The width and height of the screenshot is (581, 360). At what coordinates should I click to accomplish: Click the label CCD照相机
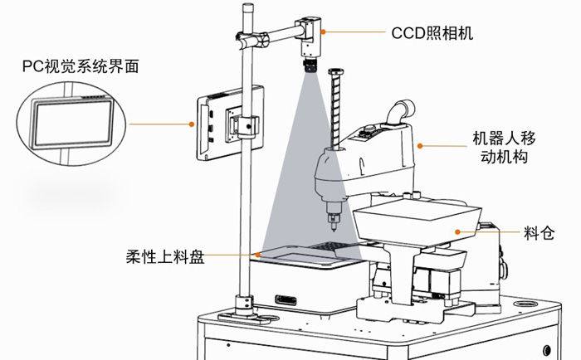432,34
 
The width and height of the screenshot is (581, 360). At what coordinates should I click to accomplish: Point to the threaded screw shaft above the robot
336,108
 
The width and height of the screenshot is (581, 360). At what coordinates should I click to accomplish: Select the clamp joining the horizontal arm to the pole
246,37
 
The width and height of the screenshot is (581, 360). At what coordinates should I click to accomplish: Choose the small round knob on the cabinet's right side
546,348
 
